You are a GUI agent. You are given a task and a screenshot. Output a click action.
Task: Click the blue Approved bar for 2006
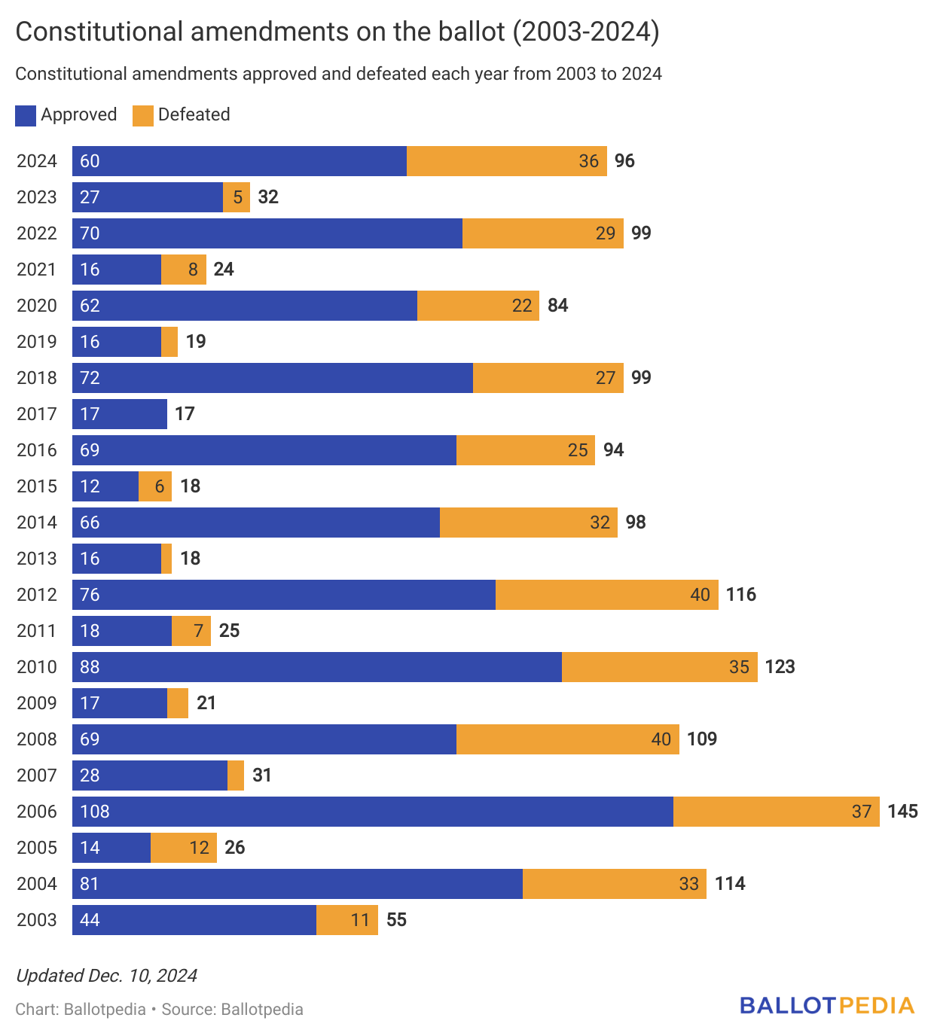pyautogui.click(x=373, y=812)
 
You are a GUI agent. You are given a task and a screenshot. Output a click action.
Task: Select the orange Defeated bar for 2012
pyautogui.click(x=606, y=595)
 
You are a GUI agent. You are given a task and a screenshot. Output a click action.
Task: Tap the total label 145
pyautogui.click(x=902, y=812)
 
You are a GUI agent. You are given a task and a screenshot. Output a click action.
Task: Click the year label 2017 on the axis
pyautogui.click(x=37, y=414)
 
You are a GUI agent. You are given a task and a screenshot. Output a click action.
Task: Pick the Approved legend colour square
pyautogui.click(x=26, y=115)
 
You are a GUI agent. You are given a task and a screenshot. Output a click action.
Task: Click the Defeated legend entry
pyautogui.click(x=182, y=115)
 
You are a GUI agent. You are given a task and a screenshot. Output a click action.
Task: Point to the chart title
pyautogui.click(x=337, y=32)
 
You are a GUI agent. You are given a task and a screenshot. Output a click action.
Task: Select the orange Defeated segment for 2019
pyautogui.click(x=169, y=342)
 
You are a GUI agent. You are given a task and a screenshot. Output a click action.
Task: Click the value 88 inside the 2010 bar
pyautogui.click(x=90, y=667)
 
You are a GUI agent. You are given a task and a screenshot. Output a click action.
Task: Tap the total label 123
pyautogui.click(x=780, y=667)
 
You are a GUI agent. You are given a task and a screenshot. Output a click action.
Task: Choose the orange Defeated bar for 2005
pyautogui.click(x=183, y=848)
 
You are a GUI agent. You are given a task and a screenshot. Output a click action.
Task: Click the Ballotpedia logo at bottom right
pyautogui.click(x=826, y=1006)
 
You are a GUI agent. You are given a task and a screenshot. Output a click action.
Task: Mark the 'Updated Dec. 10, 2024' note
pyautogui.click(x=106, y=976)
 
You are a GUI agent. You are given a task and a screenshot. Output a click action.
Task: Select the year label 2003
pyautogui.click(x=37, y=920)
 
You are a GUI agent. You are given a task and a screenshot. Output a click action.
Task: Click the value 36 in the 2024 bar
pyautogui.click(x=588, y=161)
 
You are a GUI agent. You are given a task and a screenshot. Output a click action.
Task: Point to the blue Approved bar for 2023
pyautogui.click(x=148, y=197)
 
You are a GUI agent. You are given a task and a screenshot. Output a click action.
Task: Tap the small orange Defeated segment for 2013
pyautogui.click(x=166, y=559)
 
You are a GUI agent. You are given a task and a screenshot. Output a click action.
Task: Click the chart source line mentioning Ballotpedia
pyautogui.click(x=159, y=1010)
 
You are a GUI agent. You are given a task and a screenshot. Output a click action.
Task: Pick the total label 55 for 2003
pyautogui.click(x=396, y=920)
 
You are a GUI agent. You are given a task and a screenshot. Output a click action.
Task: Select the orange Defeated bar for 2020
pyautogui.click(x=478, y=306)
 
